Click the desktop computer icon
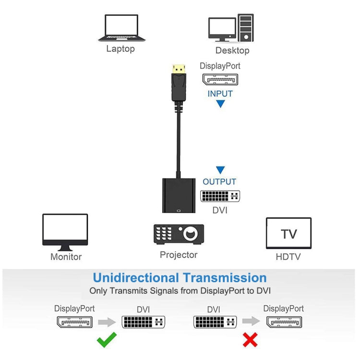click(x=231, y=28)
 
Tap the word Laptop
click(x=120, y=48)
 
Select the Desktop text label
click(x=232, y=50)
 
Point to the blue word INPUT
click(x=220, y=94)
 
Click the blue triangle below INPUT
click(x=220, y=104)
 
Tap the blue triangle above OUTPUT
click(x=220, y=170)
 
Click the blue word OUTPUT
click(x=220, y=182)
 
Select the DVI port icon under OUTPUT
click(x=220, y=196)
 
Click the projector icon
click(x=179, y=234)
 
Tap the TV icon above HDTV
click(x=288, y=233)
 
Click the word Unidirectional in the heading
click(x=136, y=277)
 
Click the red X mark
click(x=250, y=340)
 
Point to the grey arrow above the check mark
click(x=107, y=322)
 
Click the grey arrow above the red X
click(x=250, y=322)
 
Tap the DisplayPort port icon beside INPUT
click(x=220, y=79)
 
